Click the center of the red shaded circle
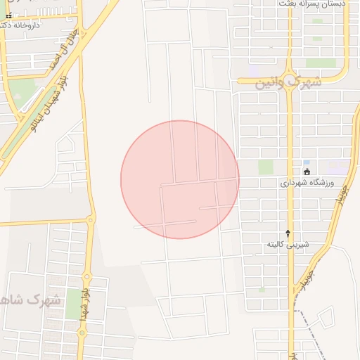pos(180,179)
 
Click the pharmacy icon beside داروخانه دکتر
pos(8,15)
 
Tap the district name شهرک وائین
pos(288,82)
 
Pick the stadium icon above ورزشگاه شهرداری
pos(307,172)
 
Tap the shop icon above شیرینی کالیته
pos(288,233)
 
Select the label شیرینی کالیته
pos(288,244)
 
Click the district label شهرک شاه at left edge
pos(31,300)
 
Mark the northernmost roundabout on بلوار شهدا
pos(89,219)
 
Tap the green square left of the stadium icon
pos(265,167)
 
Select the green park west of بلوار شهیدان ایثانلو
pos(25,91)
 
